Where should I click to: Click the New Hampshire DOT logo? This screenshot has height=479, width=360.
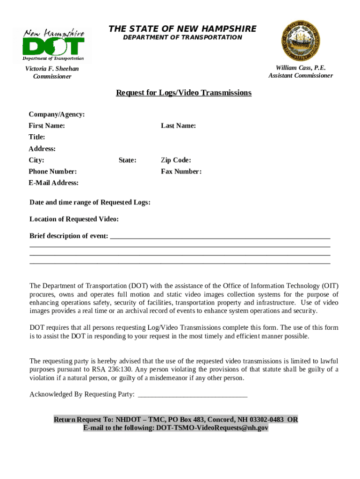(x=53, y=45)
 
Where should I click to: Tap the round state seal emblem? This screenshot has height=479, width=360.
(x=300, y=41)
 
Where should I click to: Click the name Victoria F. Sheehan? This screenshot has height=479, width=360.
(x=52, y=69)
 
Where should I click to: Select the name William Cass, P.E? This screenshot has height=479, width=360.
(x=301, y=68)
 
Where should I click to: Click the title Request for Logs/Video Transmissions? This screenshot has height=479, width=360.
(x=184, y=93)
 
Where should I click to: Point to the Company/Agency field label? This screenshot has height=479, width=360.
(x=57, y=115)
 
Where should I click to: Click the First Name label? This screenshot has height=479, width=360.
(x=47, y=126)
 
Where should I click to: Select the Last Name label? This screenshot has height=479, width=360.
(x=178, y=126)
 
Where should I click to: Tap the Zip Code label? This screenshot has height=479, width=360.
(x=176, y=160)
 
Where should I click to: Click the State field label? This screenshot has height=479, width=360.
(x=127, y=160)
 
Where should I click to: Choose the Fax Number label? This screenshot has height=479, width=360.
(x=181, y=172)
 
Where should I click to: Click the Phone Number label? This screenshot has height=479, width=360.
(x=52, y=172)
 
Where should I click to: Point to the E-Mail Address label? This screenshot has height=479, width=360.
(x=53, y=183)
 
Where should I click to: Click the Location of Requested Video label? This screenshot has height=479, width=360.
(x=74, y=219)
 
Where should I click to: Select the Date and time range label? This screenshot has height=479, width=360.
(x=90, y=203)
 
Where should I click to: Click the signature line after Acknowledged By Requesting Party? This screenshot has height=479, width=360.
(x=193, y=395)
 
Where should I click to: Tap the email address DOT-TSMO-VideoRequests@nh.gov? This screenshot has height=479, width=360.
(x=212, y=428)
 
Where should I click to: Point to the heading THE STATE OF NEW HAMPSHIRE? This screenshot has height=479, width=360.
(x=182, y=29)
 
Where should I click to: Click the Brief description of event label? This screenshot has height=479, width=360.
(x=69, y=236)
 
